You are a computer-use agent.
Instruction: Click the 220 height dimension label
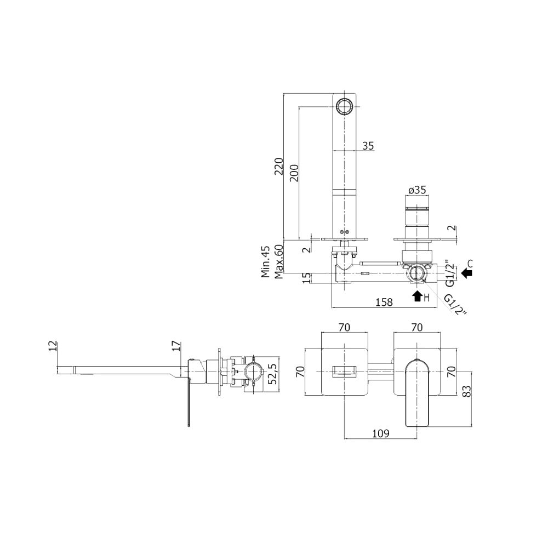coord(278,167)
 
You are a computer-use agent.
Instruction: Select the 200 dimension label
coord(294,173)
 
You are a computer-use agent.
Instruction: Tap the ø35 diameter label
coord(417,190)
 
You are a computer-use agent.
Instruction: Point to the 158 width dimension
coord(384,302)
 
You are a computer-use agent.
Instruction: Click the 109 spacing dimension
coord(381,433)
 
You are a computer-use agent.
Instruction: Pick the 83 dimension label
coord(466,391)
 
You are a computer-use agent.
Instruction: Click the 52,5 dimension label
coord(272,374)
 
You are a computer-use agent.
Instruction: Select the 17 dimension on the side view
coord(176,346)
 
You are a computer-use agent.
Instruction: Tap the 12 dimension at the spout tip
coord(53,346)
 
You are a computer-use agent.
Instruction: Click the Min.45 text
coord(266,261)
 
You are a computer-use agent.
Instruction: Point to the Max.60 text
coord(278,261)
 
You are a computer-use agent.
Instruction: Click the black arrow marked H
coord(417,296)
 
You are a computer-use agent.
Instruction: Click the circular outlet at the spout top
coord(345,106)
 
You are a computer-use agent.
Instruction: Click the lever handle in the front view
coord(417,393)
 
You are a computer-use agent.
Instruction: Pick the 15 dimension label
coord(306,278)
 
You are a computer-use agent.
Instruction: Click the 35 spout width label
coord(368,146)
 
